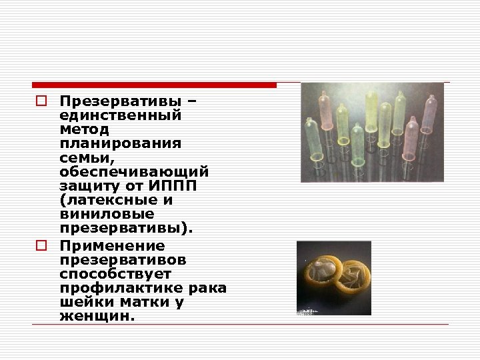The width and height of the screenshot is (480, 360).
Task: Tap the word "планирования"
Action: point(120,143)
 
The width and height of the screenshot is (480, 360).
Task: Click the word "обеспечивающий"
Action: point(133,172)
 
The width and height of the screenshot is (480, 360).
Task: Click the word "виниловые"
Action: point(106,215)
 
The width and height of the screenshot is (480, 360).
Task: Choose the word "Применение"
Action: point(111,245)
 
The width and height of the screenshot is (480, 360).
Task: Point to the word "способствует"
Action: point(115,273)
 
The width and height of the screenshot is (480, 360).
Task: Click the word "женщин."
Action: point(97,317)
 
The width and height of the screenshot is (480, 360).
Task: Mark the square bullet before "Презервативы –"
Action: point(40,101)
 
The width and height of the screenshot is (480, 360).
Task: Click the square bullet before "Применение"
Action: point(40,245)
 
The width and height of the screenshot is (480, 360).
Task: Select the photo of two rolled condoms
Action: point(333,277)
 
